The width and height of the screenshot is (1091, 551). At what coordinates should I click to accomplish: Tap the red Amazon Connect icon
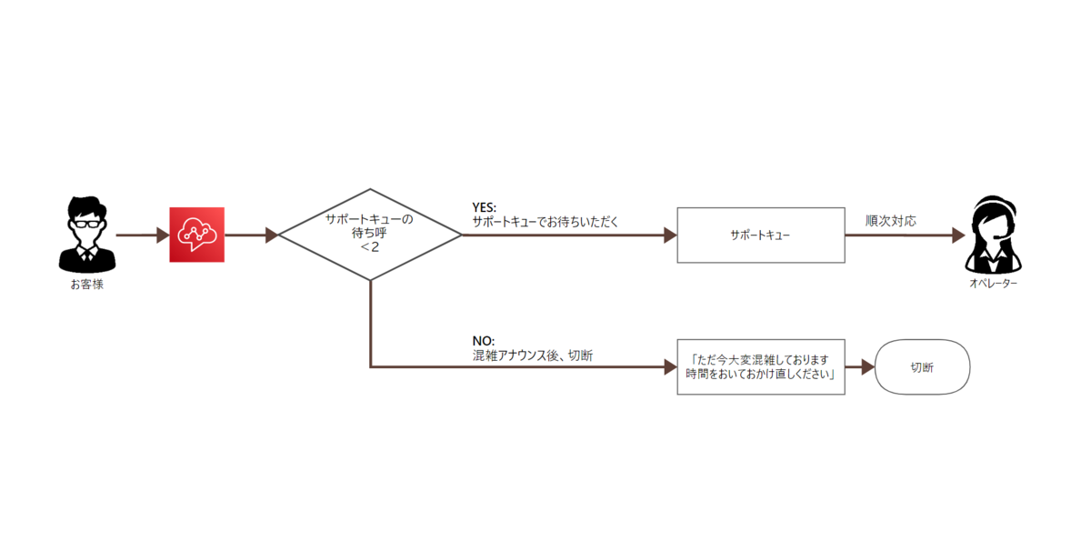(x=196, y=235)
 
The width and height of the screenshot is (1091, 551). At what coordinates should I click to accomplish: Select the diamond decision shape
(x=370, y=235)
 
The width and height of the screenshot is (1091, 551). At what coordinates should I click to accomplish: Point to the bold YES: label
(x=485, y=206)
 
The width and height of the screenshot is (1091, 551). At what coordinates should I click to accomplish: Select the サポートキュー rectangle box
(x=760, y=235)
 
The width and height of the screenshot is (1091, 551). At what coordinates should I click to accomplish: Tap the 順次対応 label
(x=890, y=221)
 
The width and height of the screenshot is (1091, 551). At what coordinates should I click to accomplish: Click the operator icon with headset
(x=993, y=234)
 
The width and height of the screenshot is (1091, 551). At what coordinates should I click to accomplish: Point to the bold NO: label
(x=483, y=341)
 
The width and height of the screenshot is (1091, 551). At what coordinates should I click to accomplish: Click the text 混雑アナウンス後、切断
(x=533, y=356)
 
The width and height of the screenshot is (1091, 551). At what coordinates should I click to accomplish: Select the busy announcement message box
(x=760, y=367)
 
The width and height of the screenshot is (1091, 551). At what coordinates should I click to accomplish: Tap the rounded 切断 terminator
(x=922, y=367)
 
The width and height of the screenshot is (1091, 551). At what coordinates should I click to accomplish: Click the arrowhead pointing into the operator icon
(x=958, y=235)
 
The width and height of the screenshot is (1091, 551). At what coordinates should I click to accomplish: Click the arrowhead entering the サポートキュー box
(x=671, y=235)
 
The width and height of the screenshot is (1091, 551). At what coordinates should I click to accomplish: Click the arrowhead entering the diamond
(x=271, y=235)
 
